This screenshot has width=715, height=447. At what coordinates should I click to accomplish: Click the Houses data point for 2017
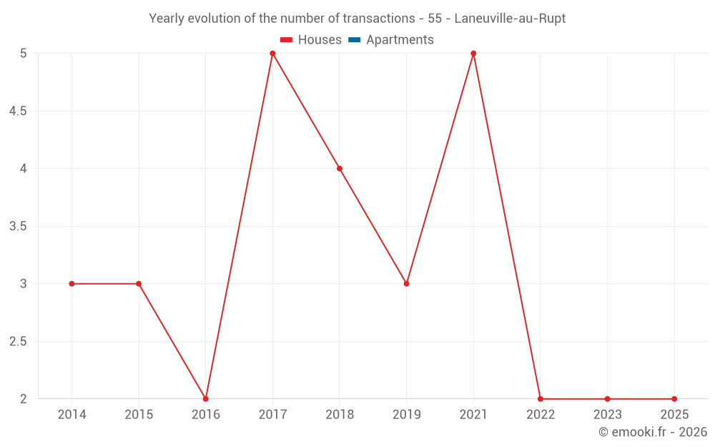[x=272, y=54]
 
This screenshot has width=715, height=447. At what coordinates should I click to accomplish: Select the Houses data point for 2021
[x=473, y=54]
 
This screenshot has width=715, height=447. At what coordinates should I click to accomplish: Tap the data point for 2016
[x=206, y=398]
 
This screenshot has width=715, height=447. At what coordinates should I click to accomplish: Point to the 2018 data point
[x=340, y=169]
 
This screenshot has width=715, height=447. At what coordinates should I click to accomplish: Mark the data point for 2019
[x=406, y=284]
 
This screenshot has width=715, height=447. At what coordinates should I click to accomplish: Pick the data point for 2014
[x=71, y=284]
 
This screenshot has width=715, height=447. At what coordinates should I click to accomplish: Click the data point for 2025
[x=674, y=398]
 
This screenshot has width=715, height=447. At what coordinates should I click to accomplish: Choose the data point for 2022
[x=541, y=398]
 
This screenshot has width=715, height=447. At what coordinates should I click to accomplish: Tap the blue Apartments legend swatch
[x=354, y=40]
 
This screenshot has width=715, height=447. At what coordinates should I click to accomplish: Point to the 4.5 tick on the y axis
[x=19, y=112]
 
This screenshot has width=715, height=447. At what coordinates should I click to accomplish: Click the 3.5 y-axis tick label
[x=19, y=227]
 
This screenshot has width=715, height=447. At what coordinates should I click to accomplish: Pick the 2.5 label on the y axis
[x=19, y=342]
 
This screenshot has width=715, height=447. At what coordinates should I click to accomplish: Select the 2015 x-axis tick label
[x=139, y=415]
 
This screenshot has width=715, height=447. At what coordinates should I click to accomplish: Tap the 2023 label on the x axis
[x=607, y=415]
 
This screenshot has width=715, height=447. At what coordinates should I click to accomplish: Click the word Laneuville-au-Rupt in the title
[x=510, y=19]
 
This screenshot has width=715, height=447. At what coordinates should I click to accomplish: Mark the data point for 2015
[x=139, y=284]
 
